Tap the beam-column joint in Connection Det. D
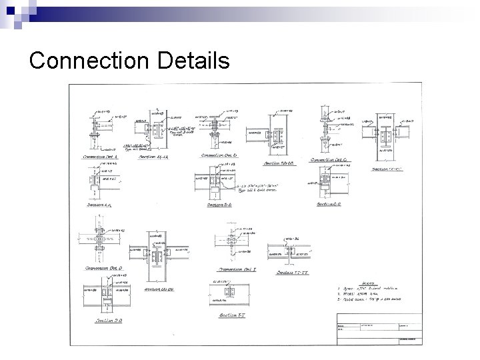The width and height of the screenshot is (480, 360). tap(98, 237)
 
